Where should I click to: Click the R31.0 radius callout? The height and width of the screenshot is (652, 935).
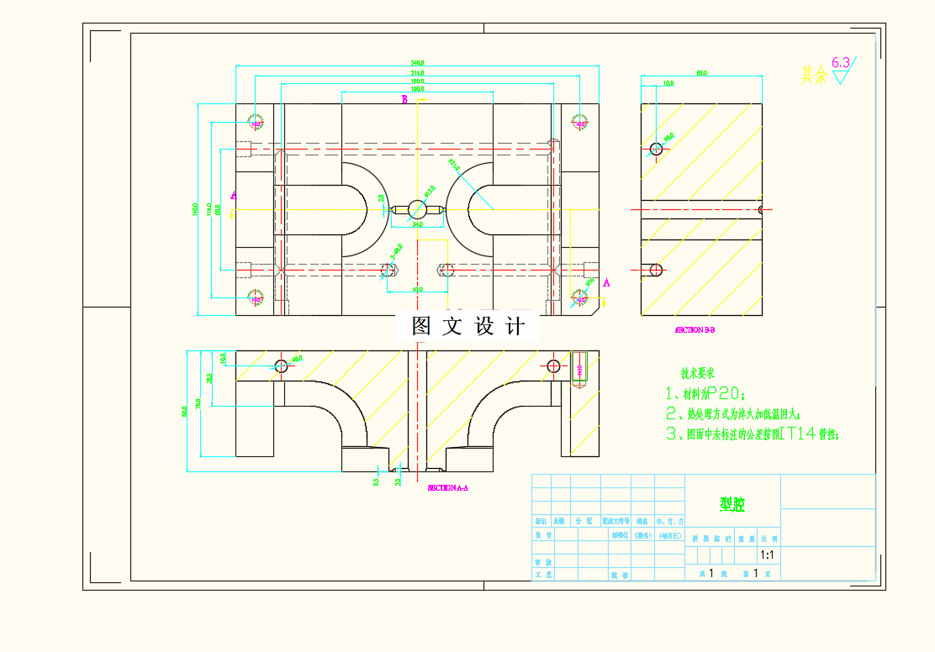454,165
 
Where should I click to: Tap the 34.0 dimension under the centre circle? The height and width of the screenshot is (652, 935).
417,224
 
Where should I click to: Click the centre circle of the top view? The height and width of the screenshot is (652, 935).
417,208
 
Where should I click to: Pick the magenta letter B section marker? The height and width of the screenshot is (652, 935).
404,100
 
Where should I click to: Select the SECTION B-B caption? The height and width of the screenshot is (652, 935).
695,330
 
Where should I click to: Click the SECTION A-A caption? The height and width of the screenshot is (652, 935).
447,487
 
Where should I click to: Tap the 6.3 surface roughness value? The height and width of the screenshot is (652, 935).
840,62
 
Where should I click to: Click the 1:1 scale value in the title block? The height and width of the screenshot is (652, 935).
767,555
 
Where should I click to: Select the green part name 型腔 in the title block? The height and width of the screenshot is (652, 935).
732,504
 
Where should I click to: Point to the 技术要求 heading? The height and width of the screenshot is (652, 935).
697,373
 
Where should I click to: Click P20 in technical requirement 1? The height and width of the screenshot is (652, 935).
723,393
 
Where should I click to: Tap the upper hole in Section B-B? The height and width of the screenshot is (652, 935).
656,150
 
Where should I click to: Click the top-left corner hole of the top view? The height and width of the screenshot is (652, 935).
256,124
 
